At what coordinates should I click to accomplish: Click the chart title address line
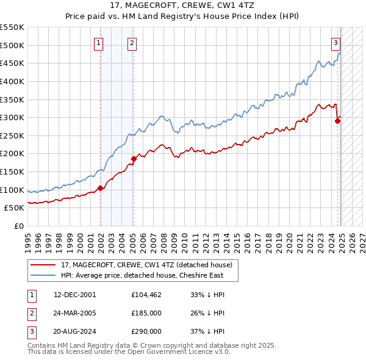pos(183,5)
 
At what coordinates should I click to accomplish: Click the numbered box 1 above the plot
pos(99,43)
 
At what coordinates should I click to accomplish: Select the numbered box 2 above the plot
pos(132,43)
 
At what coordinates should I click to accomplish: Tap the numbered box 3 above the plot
pos(335,43)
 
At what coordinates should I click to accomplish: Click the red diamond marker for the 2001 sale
pos(100,188)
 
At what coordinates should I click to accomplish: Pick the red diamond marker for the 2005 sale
pos(133,159)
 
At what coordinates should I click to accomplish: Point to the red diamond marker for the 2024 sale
pos(337,121)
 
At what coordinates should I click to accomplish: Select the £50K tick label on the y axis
pos(15,208)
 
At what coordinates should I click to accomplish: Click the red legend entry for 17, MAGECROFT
pos(146,265)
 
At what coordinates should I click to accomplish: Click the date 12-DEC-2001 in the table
pos(75,295)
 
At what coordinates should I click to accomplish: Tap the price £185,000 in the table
pos(146,314)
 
